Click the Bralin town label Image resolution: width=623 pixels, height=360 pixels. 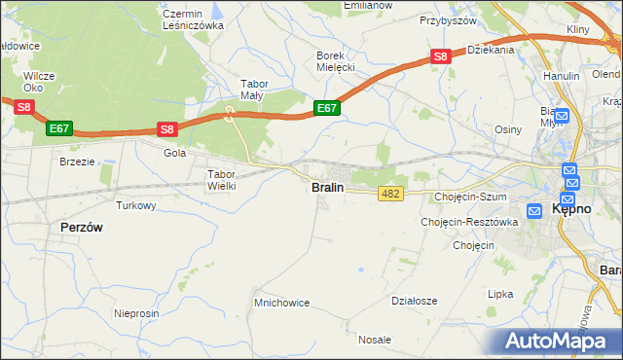tap(327, 187)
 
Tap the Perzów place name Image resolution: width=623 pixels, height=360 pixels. tap(82, 226)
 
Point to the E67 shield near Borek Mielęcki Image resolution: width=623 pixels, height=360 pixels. tap(326, 108)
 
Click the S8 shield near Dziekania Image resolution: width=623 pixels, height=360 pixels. tap(441, 56)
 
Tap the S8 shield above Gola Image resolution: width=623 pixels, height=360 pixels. tap(167, 128)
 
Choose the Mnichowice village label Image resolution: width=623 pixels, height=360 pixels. tap(281, 303)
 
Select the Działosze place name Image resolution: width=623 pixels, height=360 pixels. tap(414, 301)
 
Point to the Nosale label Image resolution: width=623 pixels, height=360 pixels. tap(375, 340)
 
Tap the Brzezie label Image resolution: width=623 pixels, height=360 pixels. tap(77, 162)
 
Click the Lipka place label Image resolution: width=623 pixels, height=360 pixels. tap(500, 293)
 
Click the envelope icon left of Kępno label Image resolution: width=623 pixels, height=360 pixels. tap(534, 210)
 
